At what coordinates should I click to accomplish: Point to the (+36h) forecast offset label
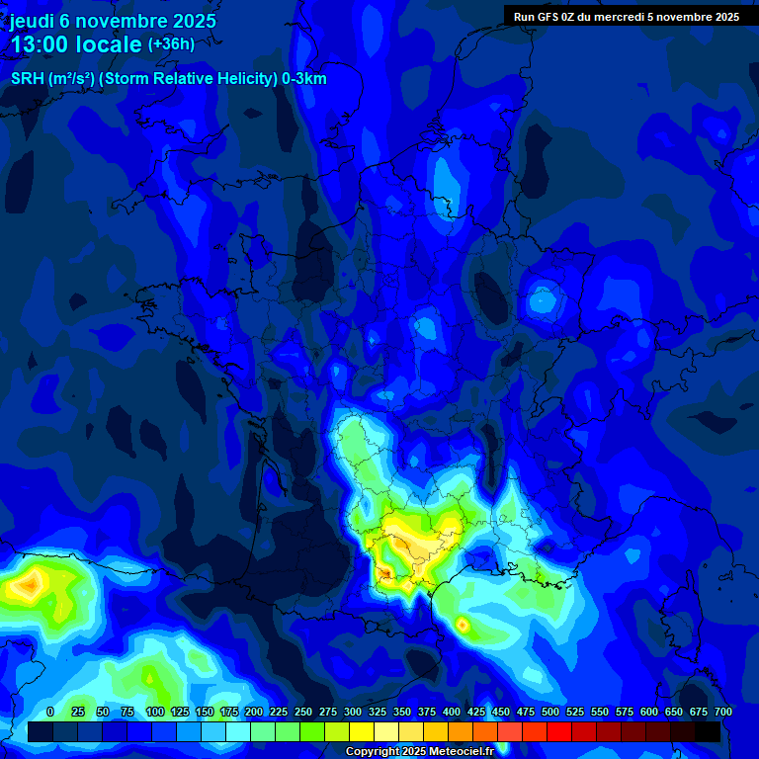pos(171,44)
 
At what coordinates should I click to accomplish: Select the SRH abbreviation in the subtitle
pos(28,79)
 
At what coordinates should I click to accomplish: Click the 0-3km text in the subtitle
pos(304,79)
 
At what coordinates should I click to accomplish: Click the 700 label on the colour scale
pos(722,712)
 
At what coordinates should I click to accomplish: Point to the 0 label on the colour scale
pos(50,712)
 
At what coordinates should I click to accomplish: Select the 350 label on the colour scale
pos(401,712)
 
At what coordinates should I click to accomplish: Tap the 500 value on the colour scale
pos(549,712)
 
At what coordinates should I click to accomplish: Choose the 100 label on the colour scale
pos(154,712)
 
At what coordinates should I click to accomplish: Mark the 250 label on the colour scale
pos(302,712)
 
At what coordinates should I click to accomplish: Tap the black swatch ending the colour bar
pos(707,731)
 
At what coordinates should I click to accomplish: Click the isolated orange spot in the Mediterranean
pos(462,625)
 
